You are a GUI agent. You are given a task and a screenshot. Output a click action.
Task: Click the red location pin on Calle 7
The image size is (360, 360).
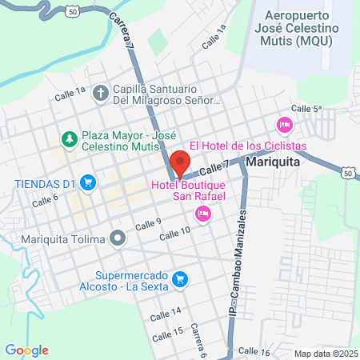click(x=180, y=163)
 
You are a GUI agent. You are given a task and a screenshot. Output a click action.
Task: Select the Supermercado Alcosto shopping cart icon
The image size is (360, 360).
click(x=181, y=278)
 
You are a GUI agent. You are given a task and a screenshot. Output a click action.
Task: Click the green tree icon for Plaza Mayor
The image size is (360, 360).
click(x=69, y=139)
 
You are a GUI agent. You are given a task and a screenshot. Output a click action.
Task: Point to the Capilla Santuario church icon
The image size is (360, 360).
click(x=100, y=94)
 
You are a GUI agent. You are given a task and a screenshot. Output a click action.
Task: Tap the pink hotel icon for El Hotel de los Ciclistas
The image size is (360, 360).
click(x=283, y=125)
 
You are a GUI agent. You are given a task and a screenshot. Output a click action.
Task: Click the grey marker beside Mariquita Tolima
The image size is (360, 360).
click(x=118, y=238)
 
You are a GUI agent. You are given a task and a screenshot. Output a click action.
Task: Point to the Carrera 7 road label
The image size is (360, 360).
click(x=121, y=31)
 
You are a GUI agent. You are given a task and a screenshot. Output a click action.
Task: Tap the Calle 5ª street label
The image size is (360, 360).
click(x=306, y=108)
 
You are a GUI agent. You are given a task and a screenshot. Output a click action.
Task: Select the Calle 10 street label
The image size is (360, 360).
click(x=174, y=233)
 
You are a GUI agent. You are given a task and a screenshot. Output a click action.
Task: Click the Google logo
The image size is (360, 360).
click(x=26, y=350)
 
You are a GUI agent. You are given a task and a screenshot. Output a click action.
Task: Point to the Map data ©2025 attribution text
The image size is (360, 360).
click(x=325, y=354)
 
